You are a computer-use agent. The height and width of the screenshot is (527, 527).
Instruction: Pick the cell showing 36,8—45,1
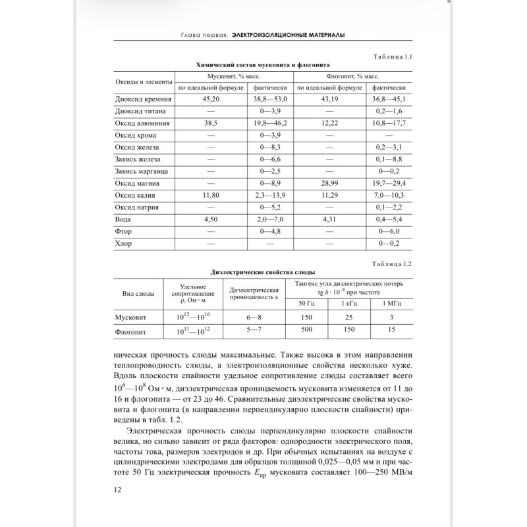point(389,99)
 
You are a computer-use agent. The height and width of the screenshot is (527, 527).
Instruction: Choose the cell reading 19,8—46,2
point(271,123)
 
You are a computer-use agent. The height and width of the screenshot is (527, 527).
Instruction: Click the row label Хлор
point(124,244)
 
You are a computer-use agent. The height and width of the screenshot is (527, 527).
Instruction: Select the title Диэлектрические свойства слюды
point(263,272)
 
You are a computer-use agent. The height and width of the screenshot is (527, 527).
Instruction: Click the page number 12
point(118,489)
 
